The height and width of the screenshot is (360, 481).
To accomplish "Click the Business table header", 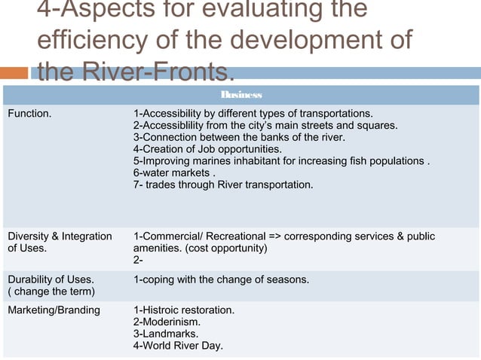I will point(241,96).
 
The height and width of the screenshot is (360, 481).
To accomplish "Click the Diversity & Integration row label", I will point(60,236).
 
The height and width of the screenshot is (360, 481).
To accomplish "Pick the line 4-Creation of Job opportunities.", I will point(207,149).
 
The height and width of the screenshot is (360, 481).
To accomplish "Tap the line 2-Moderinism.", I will point(167,322).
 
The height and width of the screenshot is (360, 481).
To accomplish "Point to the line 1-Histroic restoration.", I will point(184,310).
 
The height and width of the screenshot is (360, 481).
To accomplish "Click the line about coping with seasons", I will point(221,280).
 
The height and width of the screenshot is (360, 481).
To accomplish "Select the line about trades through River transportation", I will point(222,185).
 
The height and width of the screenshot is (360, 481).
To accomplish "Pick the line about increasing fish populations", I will point(281,161).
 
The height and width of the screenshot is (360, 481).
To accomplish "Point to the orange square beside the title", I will point(15,73).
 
